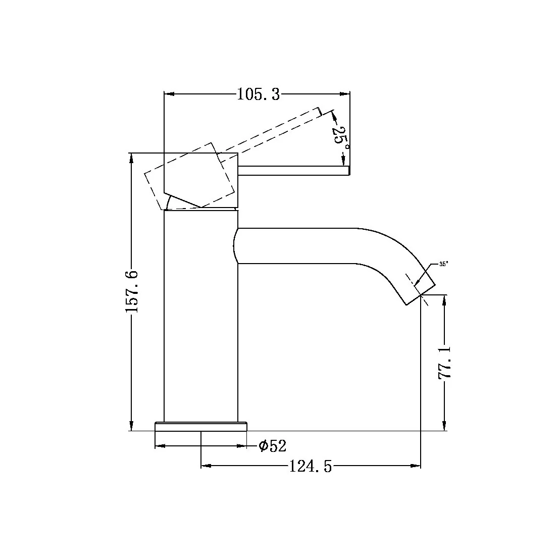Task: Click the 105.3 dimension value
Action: [258, 94]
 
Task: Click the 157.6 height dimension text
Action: [132, 291]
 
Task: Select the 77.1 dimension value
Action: [445, 363]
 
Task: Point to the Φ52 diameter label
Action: [272, 446]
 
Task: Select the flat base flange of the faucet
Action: [201, 427]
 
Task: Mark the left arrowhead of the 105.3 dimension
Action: [169, 94]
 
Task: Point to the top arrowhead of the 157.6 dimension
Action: [132, 158]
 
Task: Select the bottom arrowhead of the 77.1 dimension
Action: [444, 426]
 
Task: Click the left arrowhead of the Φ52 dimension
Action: [160, 446]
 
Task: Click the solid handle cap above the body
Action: [201, 179]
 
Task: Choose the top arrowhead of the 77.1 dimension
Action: [444, 299]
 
